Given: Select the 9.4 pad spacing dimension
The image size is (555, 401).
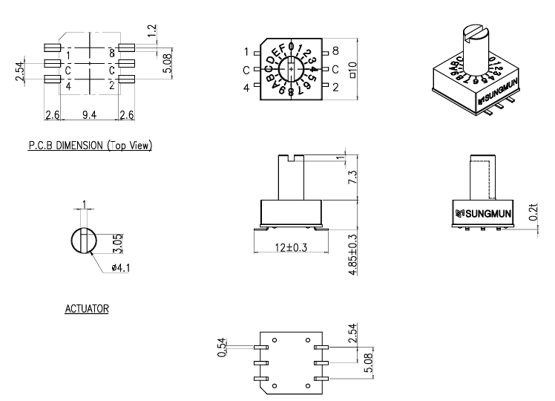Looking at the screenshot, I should tap(89, 114).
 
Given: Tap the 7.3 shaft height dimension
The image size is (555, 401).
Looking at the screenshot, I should tap(353, 177).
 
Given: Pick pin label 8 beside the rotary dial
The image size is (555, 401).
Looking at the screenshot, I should tap(335, 52).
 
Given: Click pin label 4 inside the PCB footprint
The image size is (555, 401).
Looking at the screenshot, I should tap(68, 85).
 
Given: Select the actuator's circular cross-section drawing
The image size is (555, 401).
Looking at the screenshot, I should tap(84, 242).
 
